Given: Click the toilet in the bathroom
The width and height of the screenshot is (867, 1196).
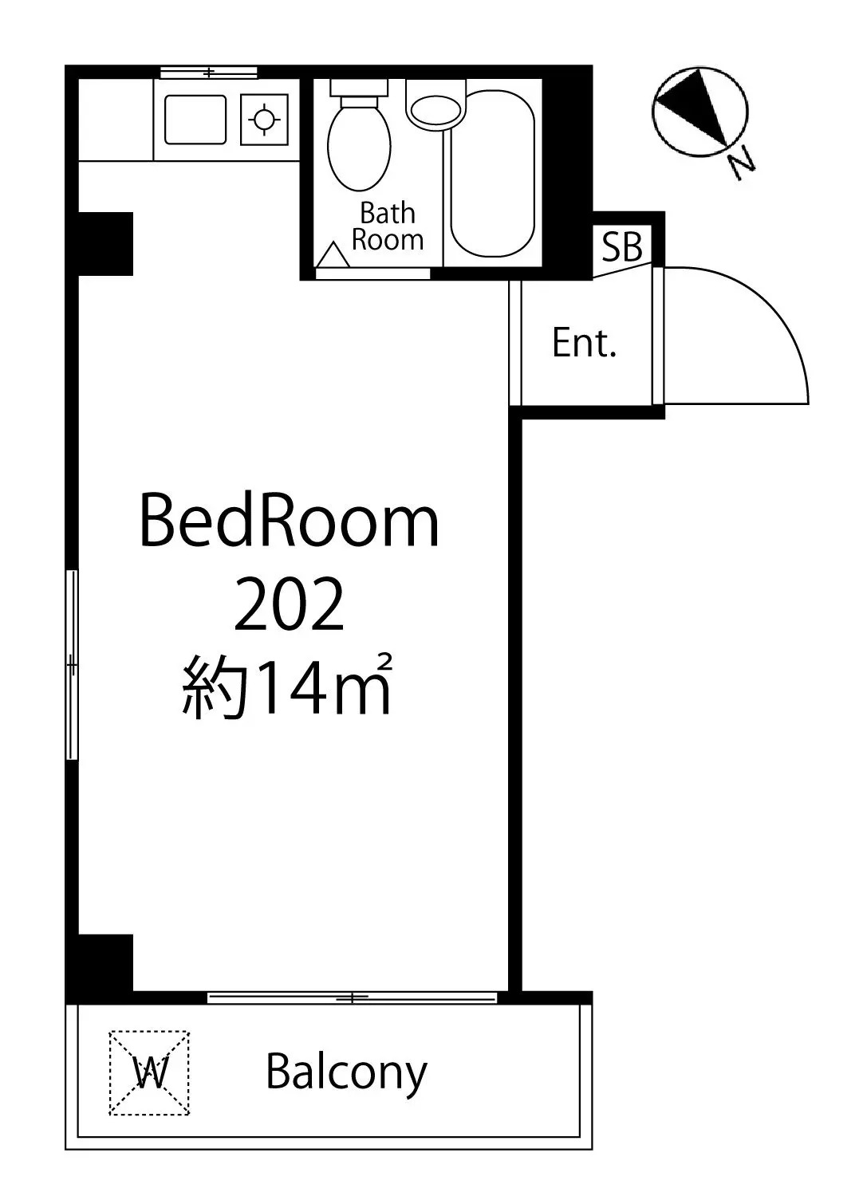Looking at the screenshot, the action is tap(358, 136).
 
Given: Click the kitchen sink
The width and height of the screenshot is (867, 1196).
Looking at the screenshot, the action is tap(195, 120).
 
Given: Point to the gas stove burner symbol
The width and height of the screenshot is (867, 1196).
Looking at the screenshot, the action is tap(265, 120).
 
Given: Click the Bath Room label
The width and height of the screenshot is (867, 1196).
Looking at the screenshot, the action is tap(388, 226).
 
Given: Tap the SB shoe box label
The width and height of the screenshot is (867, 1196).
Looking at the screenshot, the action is tap(622, 246).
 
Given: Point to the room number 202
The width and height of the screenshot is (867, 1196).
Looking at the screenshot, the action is tap(289, 605).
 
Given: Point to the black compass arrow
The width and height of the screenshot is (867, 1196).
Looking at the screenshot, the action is tap(695, 107).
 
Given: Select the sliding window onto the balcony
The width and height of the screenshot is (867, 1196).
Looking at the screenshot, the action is tap(352, 997).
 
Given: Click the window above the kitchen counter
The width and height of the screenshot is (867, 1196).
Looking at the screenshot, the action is tap(209, 72).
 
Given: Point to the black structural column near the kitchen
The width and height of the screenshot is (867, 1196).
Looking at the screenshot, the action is tap(106, 244).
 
